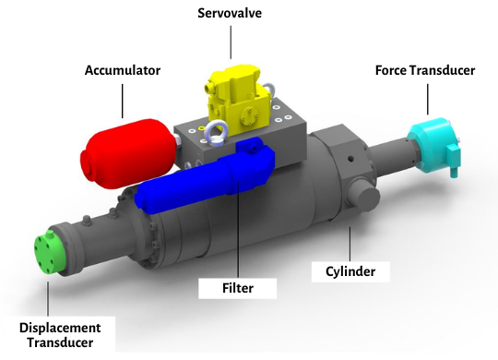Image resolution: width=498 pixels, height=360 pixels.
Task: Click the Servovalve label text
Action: point(230,13)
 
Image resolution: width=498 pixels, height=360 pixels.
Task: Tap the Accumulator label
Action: point(123,70)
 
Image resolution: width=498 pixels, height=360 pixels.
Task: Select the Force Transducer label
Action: point(425,70)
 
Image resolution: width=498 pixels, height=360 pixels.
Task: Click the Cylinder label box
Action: point(350,271)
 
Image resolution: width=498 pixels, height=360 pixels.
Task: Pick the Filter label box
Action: point(238,288)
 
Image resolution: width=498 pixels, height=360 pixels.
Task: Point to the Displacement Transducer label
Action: point(60,335)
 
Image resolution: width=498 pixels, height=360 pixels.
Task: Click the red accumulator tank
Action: point(127,154)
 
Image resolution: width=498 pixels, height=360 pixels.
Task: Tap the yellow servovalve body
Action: point(239,101)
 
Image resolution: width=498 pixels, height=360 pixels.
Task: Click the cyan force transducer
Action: point(433,146)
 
